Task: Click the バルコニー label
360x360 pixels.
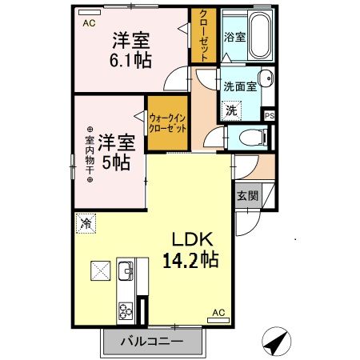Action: (x=153, y=342)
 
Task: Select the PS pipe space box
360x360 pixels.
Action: (x=270, y=114)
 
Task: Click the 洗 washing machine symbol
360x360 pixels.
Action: (x=230, y=110)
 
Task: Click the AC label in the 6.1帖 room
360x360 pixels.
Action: (x=89, y=24)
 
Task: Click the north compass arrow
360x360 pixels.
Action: (x=276, y=342)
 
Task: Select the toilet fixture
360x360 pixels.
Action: (x=250, y=137)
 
